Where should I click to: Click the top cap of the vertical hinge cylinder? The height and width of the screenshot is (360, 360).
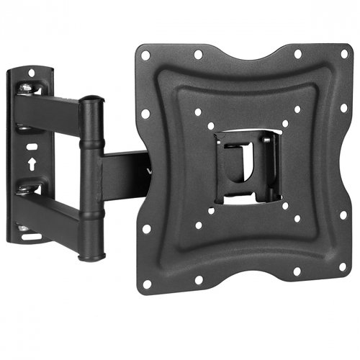point(91,102)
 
